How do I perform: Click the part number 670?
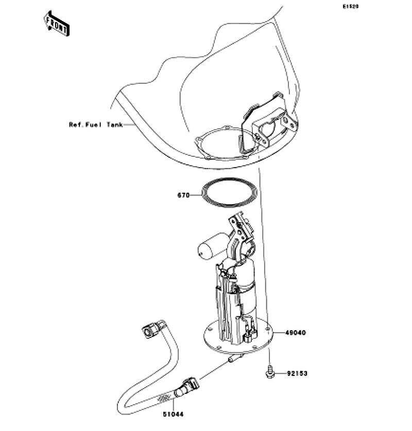183,195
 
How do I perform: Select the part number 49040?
295,333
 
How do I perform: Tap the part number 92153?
297,373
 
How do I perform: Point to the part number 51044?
173,414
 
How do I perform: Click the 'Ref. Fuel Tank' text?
96,125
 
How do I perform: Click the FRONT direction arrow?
57,24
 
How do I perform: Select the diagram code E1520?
350,6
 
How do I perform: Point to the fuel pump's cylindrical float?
213,246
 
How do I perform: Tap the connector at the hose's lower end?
188,387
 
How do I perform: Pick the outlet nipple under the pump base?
234,358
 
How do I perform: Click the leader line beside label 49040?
279,333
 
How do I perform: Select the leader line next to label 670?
196,195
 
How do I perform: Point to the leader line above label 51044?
174,405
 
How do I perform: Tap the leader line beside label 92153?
281,373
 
